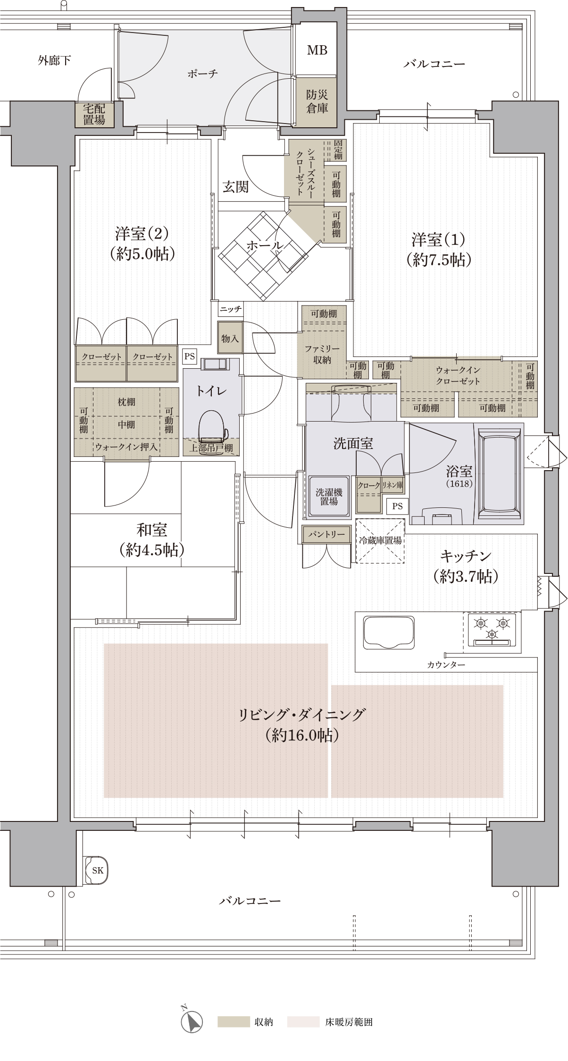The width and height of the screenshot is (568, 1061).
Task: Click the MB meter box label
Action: pos(317,50)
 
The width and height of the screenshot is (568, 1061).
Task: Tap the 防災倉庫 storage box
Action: pos(317,101)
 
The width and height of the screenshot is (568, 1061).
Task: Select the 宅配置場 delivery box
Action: pos(94,114)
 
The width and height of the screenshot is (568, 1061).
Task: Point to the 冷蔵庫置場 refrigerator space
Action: pos(380,540)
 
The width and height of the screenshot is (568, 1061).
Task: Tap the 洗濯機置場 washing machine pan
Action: pos(329,497)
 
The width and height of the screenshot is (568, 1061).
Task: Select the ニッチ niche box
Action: pos(231,309)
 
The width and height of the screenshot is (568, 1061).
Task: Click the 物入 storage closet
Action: pos(230,338)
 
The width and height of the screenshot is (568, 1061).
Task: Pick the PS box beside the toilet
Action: pos(190,356)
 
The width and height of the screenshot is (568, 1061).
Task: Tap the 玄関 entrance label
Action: pos(235,187)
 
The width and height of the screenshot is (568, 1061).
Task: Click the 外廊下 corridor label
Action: pos(54,60)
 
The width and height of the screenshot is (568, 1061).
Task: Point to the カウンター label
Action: pos(446,665)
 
